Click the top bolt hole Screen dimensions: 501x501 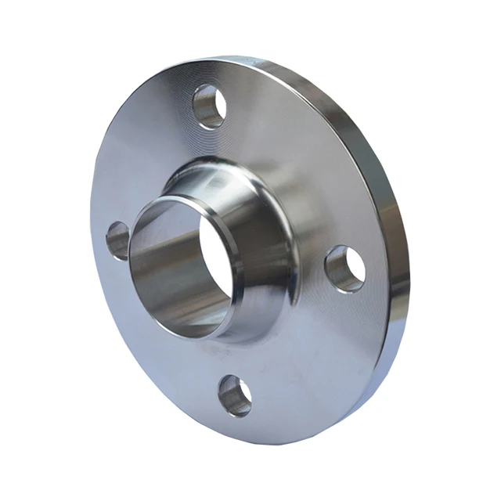coord(210,106)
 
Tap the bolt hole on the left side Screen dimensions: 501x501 coord(118,240)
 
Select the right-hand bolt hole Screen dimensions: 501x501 coord(345,268)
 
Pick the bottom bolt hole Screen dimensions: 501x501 coord(235,395)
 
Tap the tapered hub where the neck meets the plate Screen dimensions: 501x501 coord(270,235)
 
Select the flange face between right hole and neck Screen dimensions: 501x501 coord(313,274)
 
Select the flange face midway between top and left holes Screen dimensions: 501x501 coord(141,157)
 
